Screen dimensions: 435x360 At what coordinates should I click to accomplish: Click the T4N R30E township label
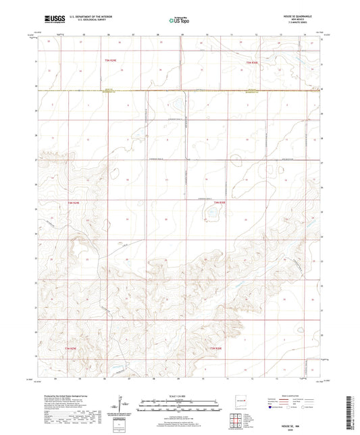[x=220, y=202]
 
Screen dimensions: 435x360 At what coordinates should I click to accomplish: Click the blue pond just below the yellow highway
[x=175, y=106]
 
